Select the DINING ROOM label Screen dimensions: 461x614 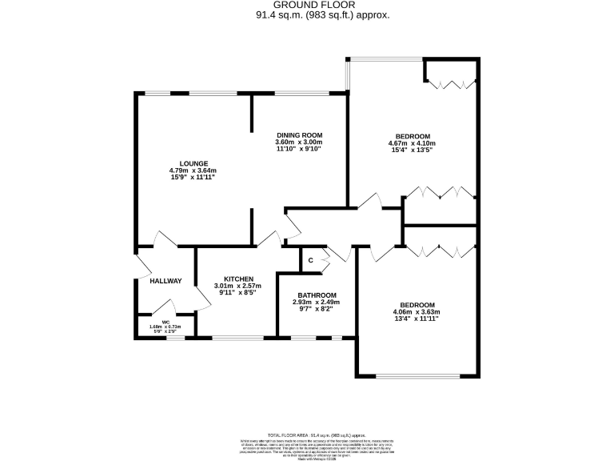pos(299,134)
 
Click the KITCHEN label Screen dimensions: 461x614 pos(238,279)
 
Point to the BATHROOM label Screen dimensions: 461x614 pos(317,295)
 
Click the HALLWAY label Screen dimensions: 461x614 pos(165,281)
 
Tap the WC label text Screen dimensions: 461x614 pos(165,321)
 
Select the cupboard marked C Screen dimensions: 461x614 pos(310,259)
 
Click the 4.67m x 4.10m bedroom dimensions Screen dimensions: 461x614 pos(413,144)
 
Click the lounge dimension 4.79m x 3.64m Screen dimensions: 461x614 pos(193,170)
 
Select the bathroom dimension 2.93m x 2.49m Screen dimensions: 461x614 pos(317,303)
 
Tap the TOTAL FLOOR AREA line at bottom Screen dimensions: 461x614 pos(307,431)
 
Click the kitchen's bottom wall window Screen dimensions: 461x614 pos(237,337)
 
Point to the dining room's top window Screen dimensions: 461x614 pos(299,94)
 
